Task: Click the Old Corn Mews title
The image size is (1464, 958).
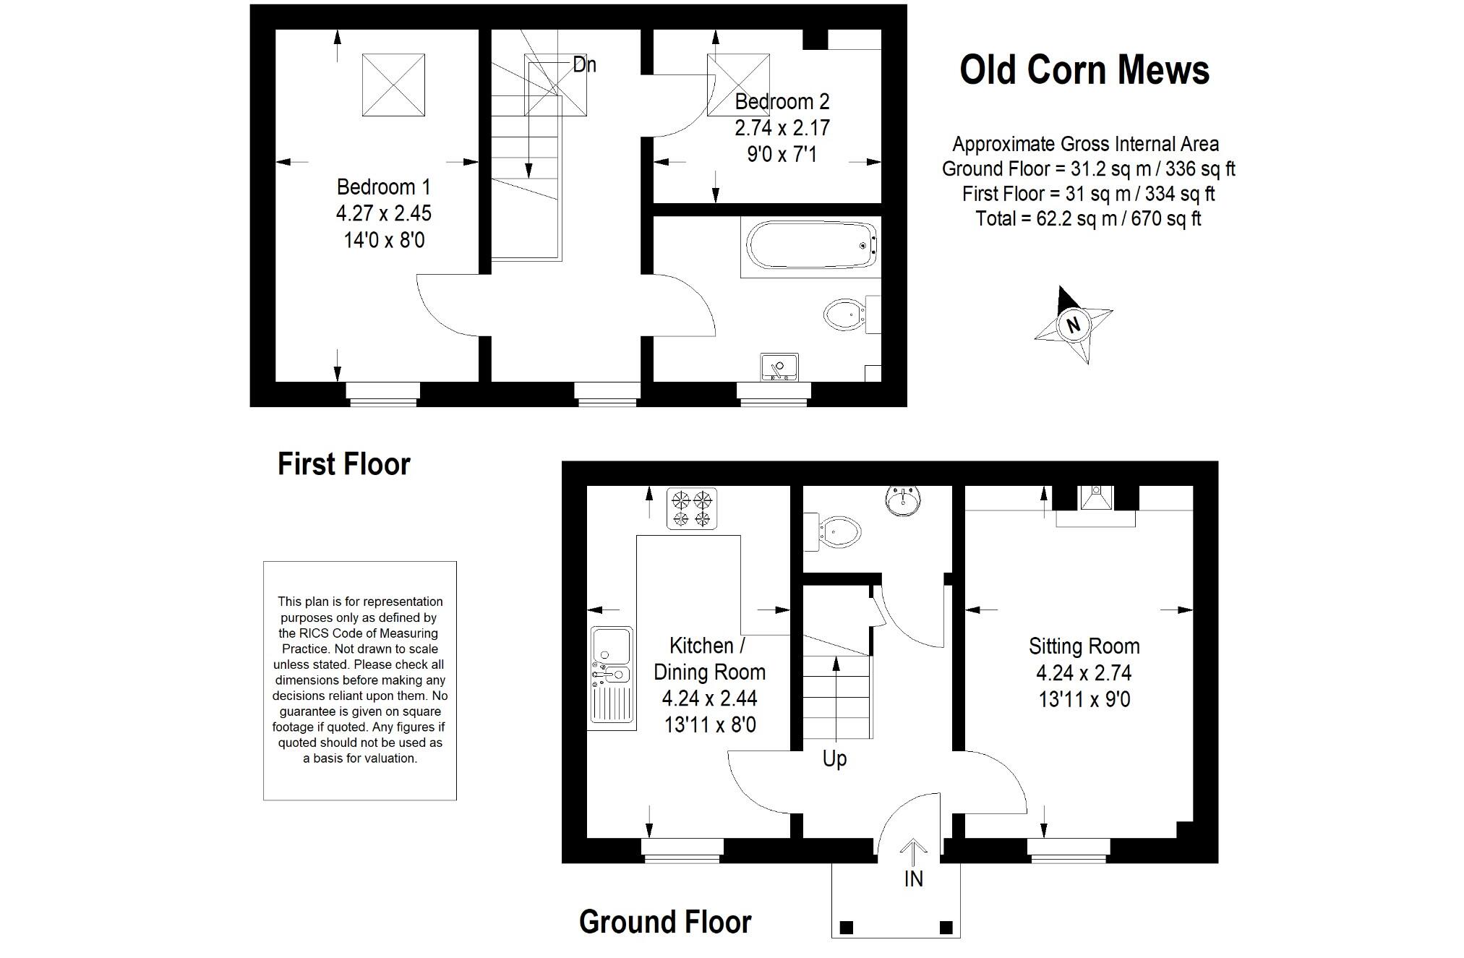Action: [1084, 70]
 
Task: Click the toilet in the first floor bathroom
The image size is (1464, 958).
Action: [844, 315]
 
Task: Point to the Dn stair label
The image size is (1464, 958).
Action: [584, 65]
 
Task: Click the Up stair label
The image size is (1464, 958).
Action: [834, 758]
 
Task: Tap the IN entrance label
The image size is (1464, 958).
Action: [913, 878]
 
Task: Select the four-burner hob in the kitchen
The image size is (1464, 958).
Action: [692, 509]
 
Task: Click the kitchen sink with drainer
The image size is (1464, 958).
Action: [612, 675]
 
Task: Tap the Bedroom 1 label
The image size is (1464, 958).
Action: [383, 187]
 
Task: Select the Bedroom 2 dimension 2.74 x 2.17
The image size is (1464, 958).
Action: [782, 128]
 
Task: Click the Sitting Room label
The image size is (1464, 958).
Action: [1084, 646]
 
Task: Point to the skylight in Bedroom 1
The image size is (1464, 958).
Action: [393, 85]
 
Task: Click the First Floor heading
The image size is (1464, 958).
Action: [344, 464]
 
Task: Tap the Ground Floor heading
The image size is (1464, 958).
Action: [665, 923]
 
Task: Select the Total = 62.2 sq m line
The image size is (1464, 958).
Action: [1088, 218]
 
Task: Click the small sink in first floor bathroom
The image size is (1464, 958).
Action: [779, 367]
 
